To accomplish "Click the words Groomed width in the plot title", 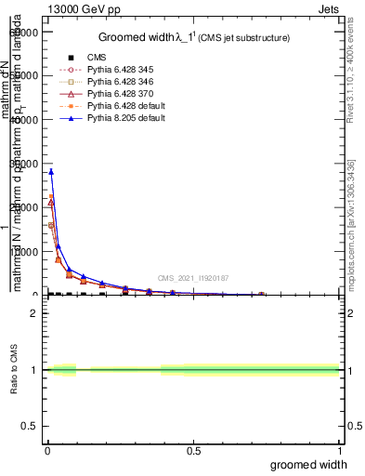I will click(x=134, y=37).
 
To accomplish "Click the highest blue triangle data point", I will click(x=51, y=171).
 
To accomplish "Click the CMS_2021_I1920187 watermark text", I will click(x=193, y=278).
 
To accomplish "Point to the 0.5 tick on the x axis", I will click(x=193, y=452).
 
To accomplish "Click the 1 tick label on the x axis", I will click(x=338, y=452).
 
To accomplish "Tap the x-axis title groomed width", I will click(x=309, y=464).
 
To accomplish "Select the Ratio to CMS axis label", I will click(x=15, y=370).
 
